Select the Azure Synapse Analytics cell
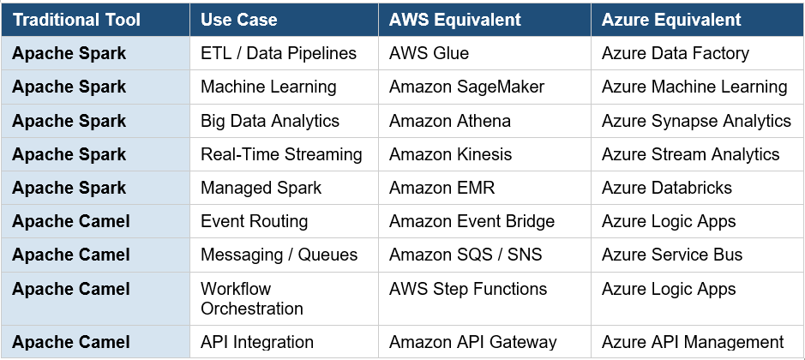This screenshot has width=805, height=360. click(x=696, y=121)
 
